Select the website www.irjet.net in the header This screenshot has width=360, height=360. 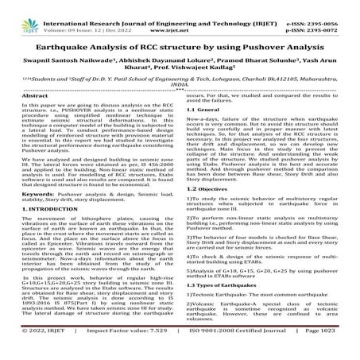[181, 16]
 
